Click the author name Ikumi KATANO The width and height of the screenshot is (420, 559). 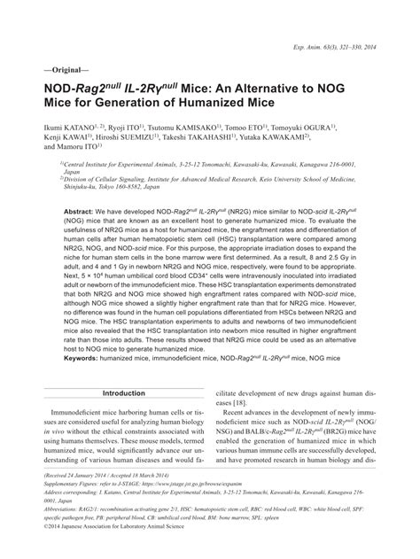[65, 129]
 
